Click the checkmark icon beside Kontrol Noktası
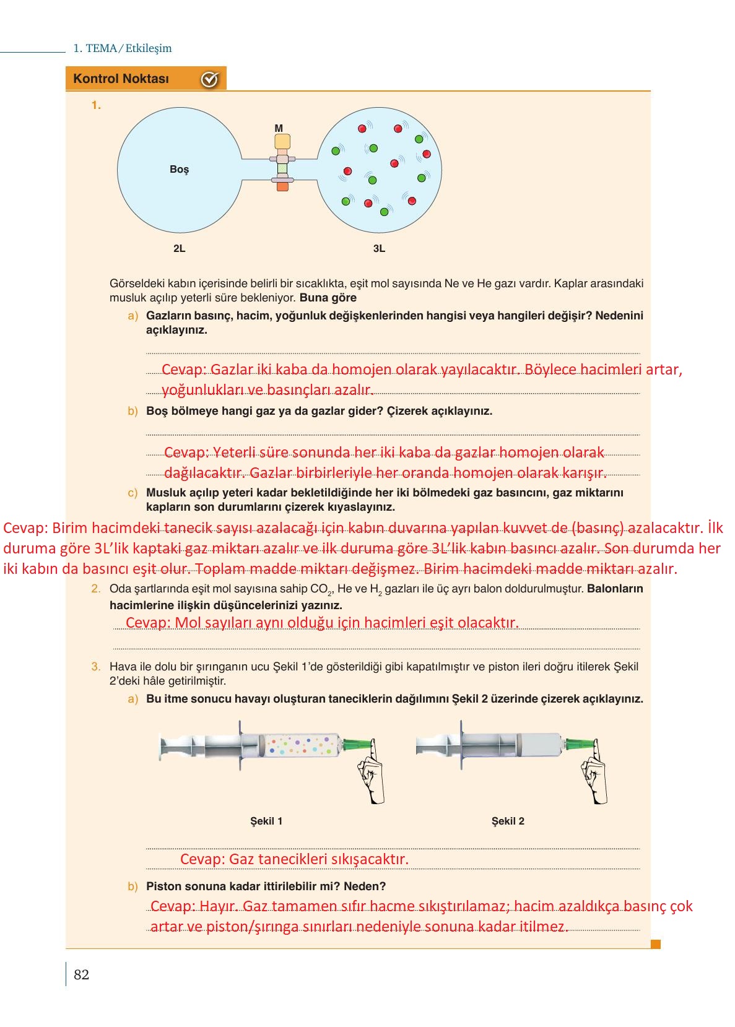(x=210, y=79)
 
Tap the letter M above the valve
(x=279, y=128)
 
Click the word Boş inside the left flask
(x=179, y=169)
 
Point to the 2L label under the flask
(x=179, y=249)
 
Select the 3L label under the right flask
(x=379, y=249)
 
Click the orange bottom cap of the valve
(x=282, y=186)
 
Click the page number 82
(x=81, y=975)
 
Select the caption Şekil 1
(x=266, y=821)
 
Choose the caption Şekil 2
(x=508, y=821)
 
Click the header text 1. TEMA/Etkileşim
(x=123, y=48)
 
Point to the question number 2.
(x=95, y=589)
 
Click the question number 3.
(x=95, y=667)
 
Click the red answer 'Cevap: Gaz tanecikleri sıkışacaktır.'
(x=294, y=859)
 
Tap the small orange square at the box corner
(x=656, y=944)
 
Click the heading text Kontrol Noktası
(x=121, y=79)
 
